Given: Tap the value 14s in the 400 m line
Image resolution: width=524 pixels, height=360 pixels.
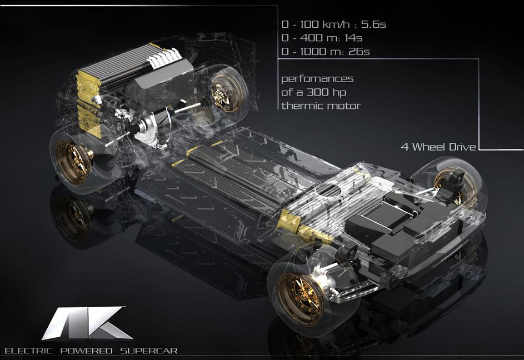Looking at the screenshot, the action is click(354, 38).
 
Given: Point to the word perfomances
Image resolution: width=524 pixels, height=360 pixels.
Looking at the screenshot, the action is click(317, 79).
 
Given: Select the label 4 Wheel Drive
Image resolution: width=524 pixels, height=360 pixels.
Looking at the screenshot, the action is click(438, 147).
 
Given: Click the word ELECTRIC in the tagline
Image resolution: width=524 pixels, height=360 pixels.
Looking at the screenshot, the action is click(29, 351).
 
